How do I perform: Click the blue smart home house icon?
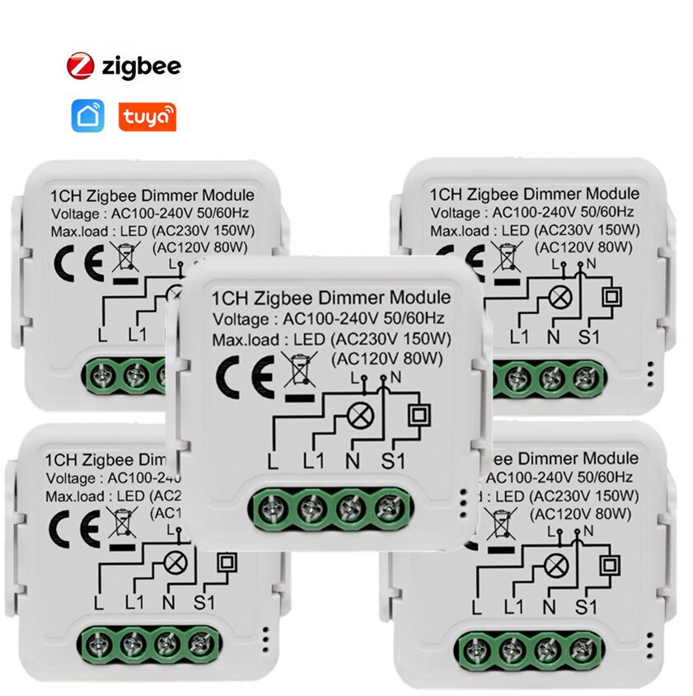click(x=88, y=117)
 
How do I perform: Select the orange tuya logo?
click(x=147, y=117)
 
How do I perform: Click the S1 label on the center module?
click(x=394, y=462)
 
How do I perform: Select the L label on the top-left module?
click(x=101, y=336)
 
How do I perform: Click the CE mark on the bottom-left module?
click(x=68, y=523)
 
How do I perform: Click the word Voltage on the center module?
click(x=240, y=319)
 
